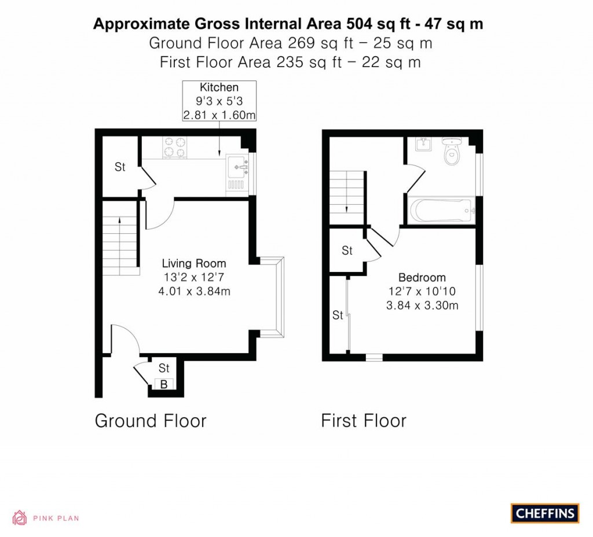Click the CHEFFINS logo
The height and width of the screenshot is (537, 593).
pyautogui.click(x=545, y=513)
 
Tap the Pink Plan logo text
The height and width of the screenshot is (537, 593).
pyautogui.click(x=55, y=518)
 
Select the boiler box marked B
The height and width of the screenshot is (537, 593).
pyautogui.click(x=164, y=383)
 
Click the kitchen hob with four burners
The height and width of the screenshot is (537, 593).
pyautogui.click(x=175, y=146)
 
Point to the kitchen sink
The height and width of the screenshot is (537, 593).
pyautogui.click(x=239, y=168)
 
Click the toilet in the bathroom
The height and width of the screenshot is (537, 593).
pyautogui.click(x=450, y=151)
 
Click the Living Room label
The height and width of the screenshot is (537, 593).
pyautogui.click(x=194, y=263)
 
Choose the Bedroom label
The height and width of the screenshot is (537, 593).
pyautogui.click(x=422, y=277)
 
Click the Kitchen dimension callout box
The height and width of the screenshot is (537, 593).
pyautogui.click(x=219, y=101)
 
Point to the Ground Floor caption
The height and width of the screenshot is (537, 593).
pyautogui.click(x=151, y=421)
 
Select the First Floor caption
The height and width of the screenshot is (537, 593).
pyautogui.click(x=364, y=421)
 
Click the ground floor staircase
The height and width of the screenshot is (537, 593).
pyautogui.click(x=120, y=243)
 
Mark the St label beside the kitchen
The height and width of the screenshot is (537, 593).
pyautogui.click(x=119, y=168)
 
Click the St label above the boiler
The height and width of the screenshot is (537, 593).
pyautogui.click(x=164, y=367)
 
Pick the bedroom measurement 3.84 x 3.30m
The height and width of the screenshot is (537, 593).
pyautogui.click(x=422, y=306)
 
